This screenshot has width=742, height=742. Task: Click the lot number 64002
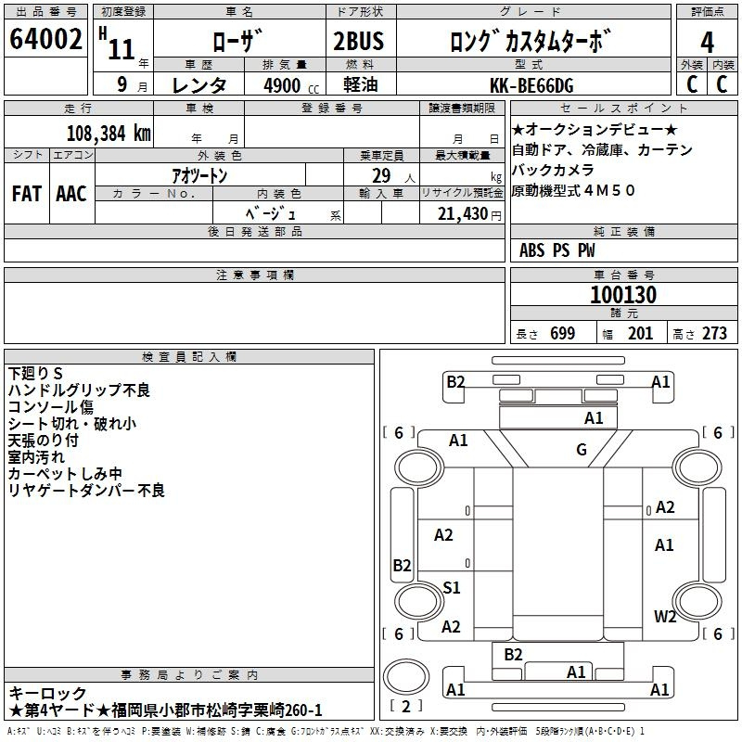[45, 39]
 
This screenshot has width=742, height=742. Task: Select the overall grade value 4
[707, 43]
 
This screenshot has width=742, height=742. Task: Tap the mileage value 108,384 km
[109, 134]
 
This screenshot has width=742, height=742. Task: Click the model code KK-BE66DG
[531, 85]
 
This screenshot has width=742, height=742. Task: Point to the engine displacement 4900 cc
[291, 85]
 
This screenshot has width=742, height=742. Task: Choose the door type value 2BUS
[358, 41]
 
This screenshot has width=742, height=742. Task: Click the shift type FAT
[27, 194]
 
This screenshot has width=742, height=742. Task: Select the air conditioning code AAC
[71, 194]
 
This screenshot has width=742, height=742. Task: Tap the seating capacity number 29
[381, 175]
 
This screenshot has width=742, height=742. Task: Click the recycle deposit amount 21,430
[463, 214]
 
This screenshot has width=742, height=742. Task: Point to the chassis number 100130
[623, 295]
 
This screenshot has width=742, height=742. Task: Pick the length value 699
[563, 333]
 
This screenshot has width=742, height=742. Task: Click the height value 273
[714, 333]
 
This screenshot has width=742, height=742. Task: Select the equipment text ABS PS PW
[557, 250]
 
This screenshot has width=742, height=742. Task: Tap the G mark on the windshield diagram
[582, 449]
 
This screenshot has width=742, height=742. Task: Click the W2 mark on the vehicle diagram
[665, 616]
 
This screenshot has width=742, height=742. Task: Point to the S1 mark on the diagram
[452, 587]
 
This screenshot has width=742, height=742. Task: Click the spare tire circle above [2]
[406, 677]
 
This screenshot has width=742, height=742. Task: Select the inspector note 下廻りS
[35, 374]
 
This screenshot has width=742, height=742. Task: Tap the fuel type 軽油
[361, 84]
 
